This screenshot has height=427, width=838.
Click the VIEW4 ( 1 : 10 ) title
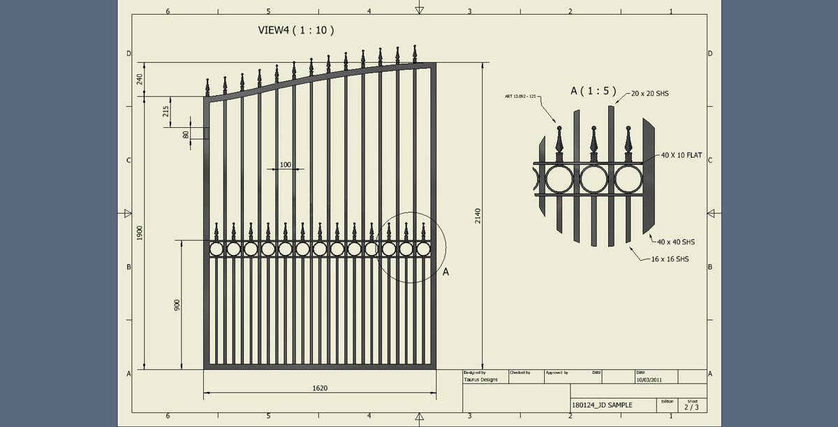pyautogui.click(x=296, y=31)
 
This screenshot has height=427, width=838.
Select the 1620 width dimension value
pyautogui.click(x=321, y=387)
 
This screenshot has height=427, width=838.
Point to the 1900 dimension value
pyautogui.click(x=140, y=233)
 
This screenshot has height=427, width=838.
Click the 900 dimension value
pyautogui.click(x=177, y=305)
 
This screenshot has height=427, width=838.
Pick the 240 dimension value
pyautogui.click(x=140, y=79)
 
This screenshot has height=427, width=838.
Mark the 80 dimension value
pyautogui.click(x=186, y=134)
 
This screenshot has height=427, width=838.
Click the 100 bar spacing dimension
pyautogui.click(x=285, y=165)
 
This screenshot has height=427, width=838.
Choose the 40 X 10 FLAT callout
pyautogui.click(x=682, y=155)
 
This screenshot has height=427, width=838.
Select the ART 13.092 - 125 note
pyautogui.click(x=520, y=96)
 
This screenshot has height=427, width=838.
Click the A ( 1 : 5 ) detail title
pyautogui.click(x=593, y=90)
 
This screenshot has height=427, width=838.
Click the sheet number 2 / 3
pyautogui.click(x=691, y=406)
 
